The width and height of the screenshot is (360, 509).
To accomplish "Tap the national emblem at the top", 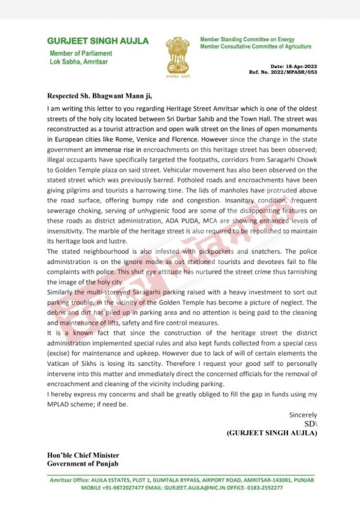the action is [x=177, y=53].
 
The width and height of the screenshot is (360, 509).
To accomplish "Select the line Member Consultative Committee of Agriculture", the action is [x=256, y=46].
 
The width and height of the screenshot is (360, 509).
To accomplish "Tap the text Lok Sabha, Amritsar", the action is [x=80, y=62].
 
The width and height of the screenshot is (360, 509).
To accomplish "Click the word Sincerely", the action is [x=303, y=415].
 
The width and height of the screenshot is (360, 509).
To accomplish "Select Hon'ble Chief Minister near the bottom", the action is [x=83, y=455].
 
